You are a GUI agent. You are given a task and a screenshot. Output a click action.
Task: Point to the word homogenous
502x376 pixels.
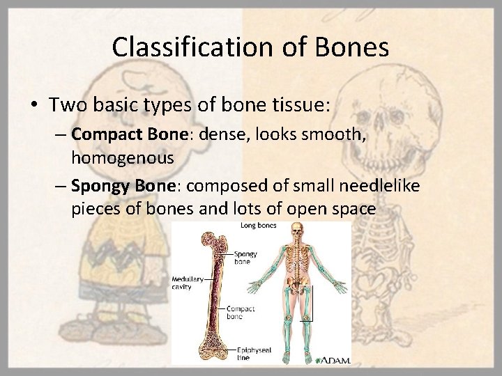(122, 158)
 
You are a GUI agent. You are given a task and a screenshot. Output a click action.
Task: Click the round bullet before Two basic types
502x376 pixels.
(35, 106)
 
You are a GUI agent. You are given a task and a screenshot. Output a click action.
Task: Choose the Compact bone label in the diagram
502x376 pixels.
(241, 311)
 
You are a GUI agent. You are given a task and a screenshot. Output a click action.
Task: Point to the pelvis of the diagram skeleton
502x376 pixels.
(298, 285)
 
